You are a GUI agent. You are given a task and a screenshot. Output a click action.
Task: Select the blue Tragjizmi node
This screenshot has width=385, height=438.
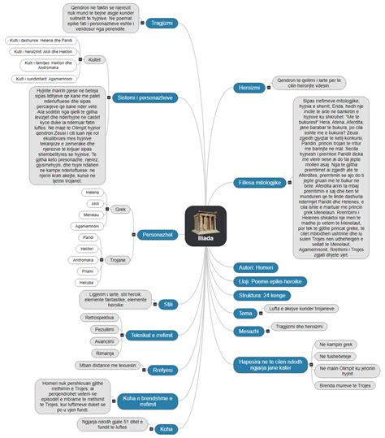162,23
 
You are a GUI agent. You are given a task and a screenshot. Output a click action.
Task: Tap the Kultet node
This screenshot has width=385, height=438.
95,59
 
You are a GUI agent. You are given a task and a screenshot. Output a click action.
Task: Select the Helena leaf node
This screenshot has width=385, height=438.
92,193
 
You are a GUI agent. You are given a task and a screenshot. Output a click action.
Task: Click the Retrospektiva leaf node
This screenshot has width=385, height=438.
100,318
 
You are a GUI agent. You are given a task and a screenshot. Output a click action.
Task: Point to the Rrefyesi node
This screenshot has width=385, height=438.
164,368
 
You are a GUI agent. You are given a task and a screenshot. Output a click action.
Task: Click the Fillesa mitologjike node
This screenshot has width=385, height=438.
259,183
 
